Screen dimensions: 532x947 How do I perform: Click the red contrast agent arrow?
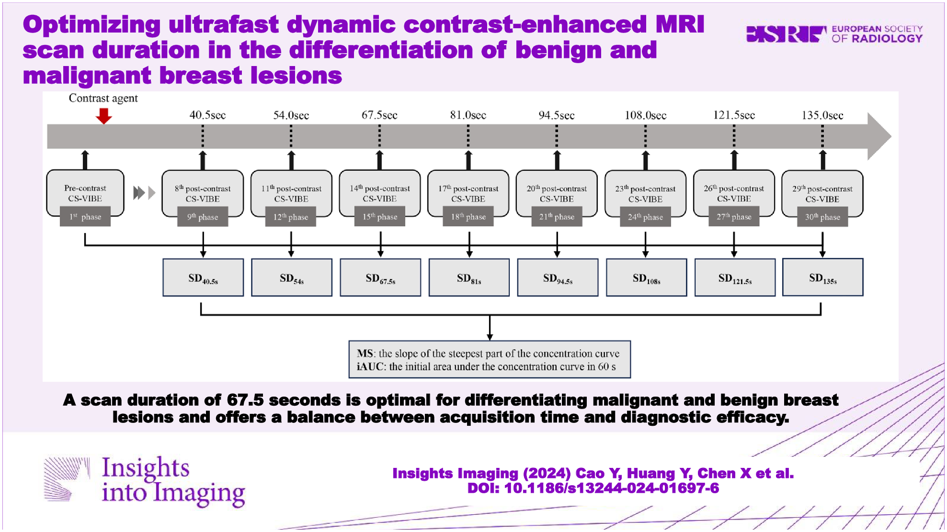(103, 116)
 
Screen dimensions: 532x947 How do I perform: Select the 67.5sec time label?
(379, 115)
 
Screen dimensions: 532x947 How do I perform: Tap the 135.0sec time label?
(822, 115)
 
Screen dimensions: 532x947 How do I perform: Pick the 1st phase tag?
(85, 217)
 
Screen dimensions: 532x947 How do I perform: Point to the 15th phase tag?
(380, 217)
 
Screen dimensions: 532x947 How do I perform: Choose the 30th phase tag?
(822, 217)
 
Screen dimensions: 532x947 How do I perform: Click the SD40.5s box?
(203, 278)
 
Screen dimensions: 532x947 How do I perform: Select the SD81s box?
(469, 278)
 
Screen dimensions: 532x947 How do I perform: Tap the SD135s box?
(822, 278)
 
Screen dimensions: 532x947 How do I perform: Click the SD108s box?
(646, 278)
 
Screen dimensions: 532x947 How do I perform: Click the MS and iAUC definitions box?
(489, 360)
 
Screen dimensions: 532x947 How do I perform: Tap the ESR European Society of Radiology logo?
(834, 34)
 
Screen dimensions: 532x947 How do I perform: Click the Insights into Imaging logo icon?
(67, 479)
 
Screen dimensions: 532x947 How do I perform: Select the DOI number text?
(593, 488)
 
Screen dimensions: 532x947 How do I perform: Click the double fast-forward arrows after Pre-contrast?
(144, 193)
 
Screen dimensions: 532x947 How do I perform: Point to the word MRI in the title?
(680, 24)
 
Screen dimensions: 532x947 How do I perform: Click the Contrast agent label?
(103, 98)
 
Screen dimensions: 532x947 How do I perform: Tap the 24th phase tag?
(645, 217)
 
